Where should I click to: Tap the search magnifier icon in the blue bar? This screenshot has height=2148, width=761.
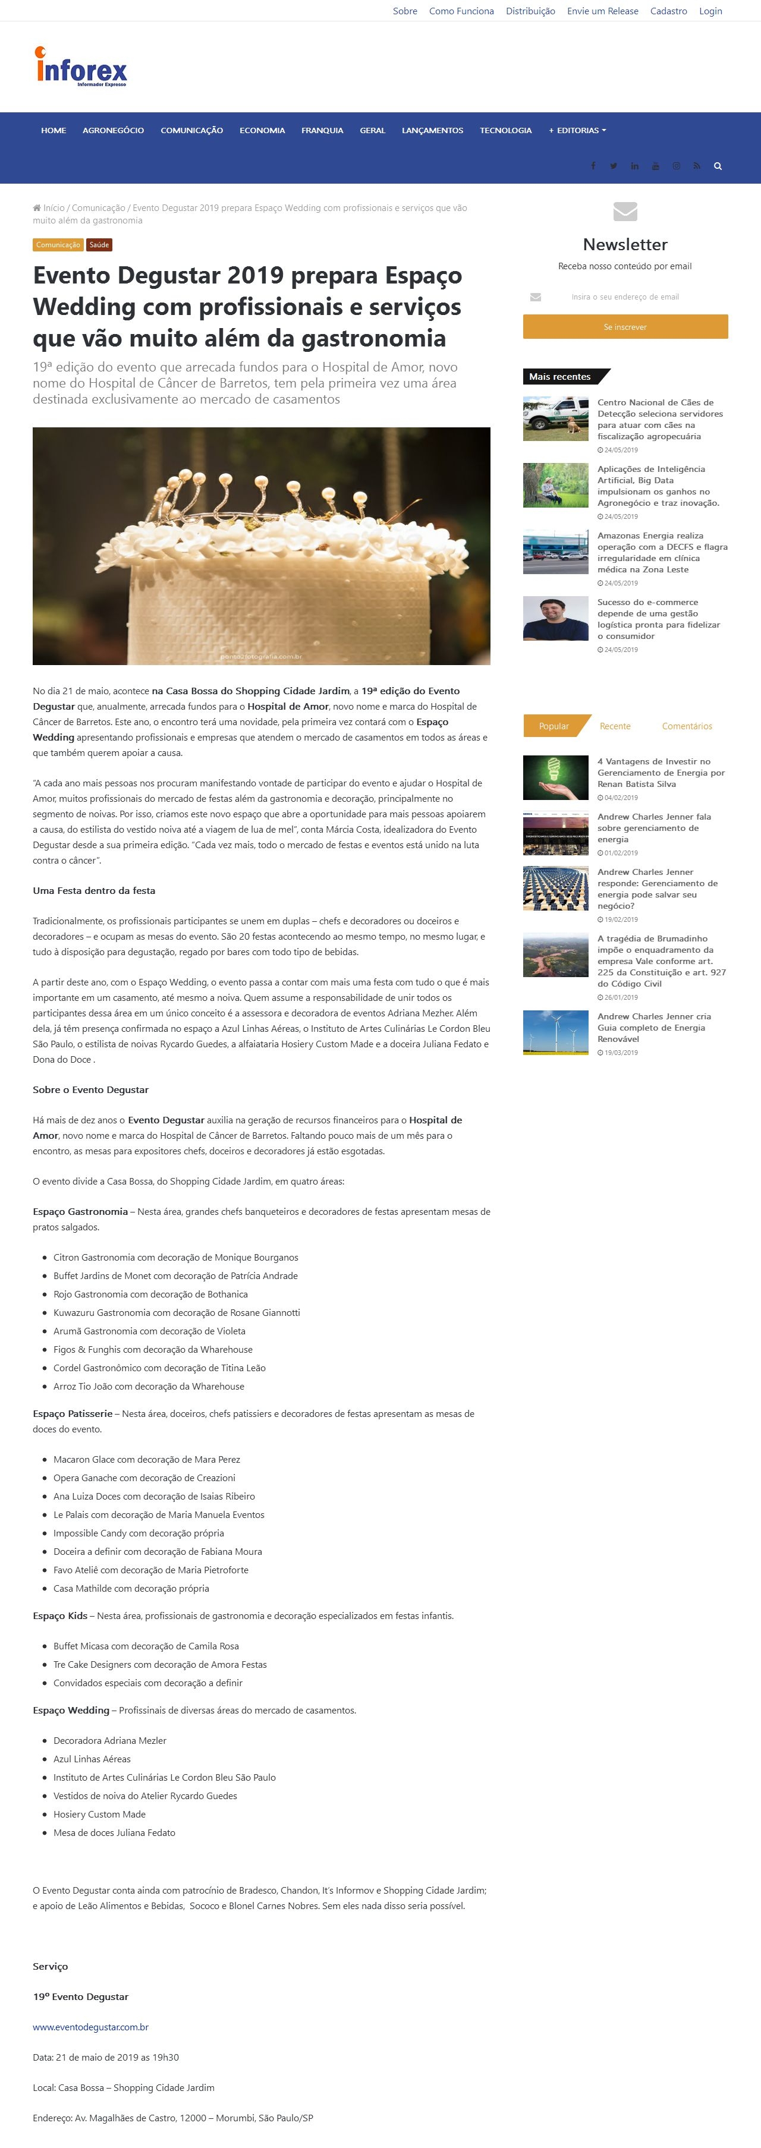click(x=717, y=166)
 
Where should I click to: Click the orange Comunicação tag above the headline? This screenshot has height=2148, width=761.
click(x=58, y=245)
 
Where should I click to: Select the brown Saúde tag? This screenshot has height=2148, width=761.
click(x=99, y=245)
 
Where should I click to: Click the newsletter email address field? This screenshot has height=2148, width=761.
click(x=625, y=297)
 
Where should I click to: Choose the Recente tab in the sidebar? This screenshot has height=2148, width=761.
click(x=615, y=726)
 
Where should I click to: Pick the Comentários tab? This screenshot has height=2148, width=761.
click(x=687, y=726)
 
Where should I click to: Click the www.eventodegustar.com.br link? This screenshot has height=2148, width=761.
click(x=91, y=2026)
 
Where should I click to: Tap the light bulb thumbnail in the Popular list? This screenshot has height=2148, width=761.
click(x=555, y=777)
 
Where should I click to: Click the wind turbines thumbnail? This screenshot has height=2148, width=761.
click(x=555, y=1032)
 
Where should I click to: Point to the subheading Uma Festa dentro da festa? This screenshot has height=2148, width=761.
click(x=93, y=890)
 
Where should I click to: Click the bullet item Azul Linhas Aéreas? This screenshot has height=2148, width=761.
click(x=92, y=1759)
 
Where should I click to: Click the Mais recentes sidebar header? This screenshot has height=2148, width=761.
click(x=560, y=377)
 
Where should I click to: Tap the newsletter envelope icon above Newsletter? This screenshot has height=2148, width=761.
click(x=625, y=211)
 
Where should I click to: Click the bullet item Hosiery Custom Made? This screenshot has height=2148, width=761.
click(x=99, y=1813)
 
